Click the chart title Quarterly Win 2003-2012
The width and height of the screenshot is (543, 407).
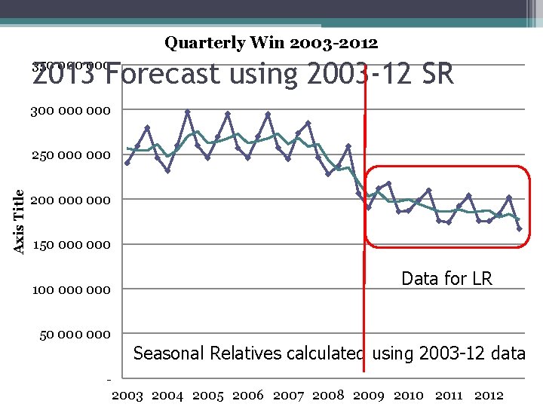[x=271, y=43]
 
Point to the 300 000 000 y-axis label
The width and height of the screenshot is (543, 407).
[x=70, y=111]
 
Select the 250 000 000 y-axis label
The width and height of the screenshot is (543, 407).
[x=70, y=155]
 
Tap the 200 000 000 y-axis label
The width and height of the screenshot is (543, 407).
[x=70, y=200]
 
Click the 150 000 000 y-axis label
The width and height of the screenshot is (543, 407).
[x=70, y=244]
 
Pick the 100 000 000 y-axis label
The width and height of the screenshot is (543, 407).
[x=70, y=289]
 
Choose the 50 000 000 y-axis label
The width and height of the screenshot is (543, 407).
[x=74, y=334]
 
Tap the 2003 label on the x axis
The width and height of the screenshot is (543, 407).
[x=127, y=395]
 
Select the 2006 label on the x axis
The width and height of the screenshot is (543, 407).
[x=248, y=395]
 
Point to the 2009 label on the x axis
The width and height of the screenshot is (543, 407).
[x=369, y=395]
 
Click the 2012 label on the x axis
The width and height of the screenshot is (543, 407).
[x=489, y=395]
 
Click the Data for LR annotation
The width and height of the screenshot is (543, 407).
[x=446, y=279]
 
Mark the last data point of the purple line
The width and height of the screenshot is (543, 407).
[x=520, y=228]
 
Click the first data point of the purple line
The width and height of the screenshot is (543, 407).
[x=127, y=162]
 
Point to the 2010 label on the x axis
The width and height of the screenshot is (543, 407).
[x=409, y=395]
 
